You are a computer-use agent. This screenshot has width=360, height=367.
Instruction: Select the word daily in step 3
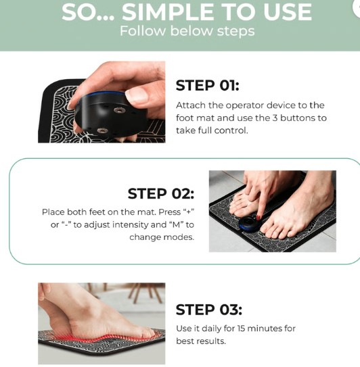point(214,328)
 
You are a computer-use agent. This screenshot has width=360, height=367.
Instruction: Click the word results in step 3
point(210,341)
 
